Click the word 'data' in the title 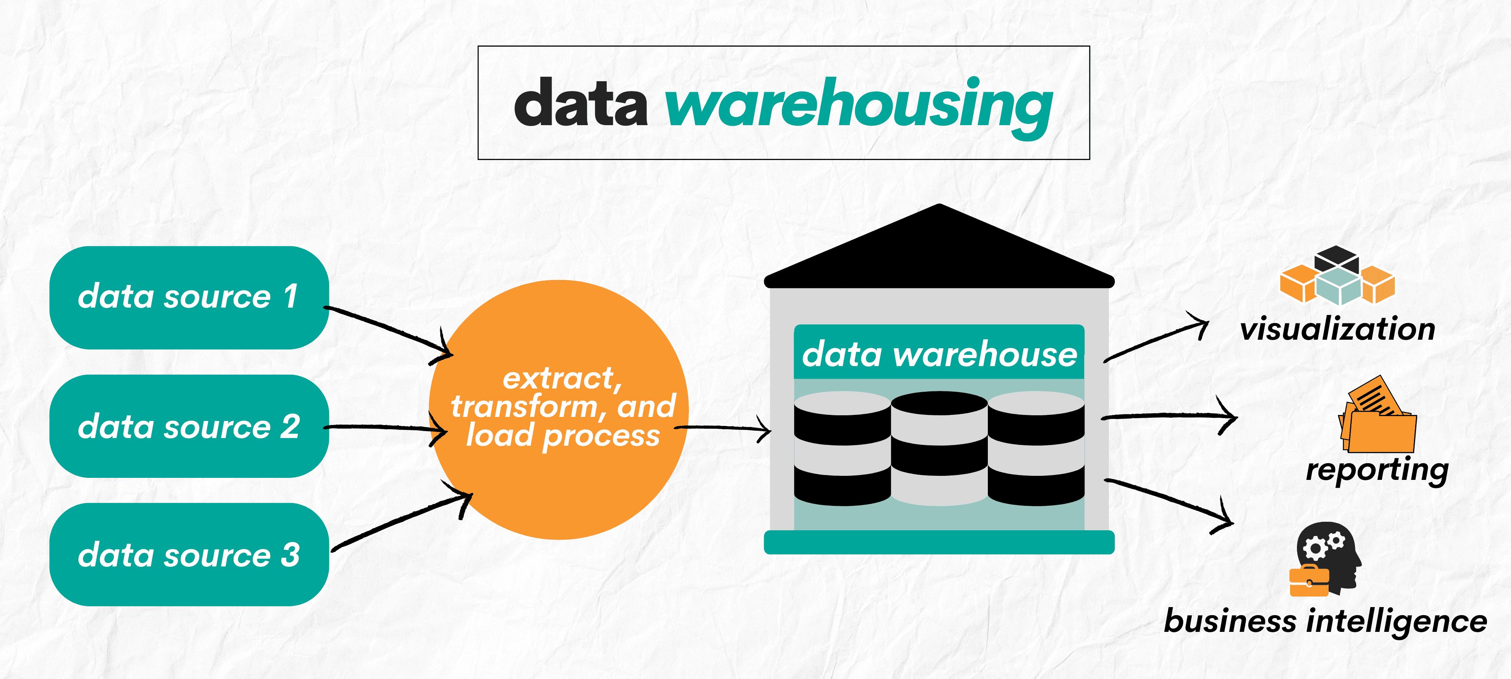click(581, 104)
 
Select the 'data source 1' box click(188, 297)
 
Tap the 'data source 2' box click(188, 426)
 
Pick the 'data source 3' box click(188, 555)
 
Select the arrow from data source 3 click(399, 522)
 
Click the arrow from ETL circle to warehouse click(724, 428)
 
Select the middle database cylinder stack click(939, 449)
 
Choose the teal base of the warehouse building click(939, 542)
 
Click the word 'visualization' click(1338, 329)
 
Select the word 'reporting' click(1377, 469)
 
